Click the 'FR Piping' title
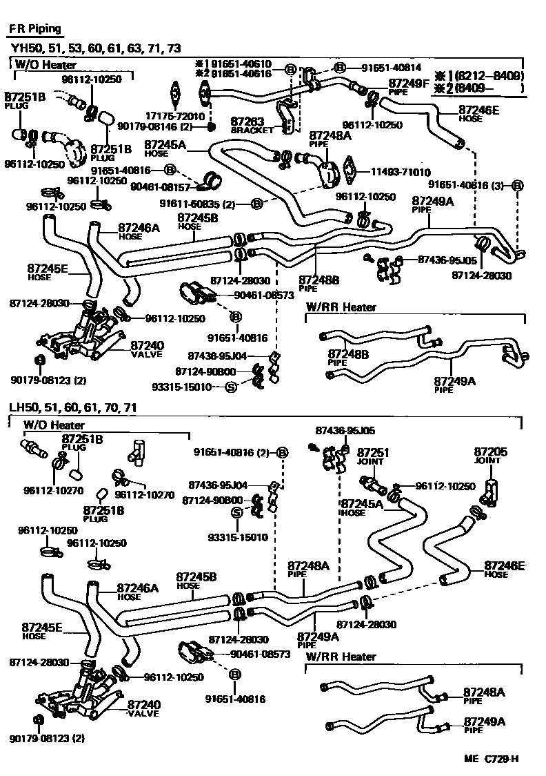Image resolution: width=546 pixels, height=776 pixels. [34, 29]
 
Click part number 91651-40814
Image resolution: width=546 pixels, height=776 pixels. [392, 68]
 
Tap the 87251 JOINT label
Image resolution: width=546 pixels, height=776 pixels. [373, 456]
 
